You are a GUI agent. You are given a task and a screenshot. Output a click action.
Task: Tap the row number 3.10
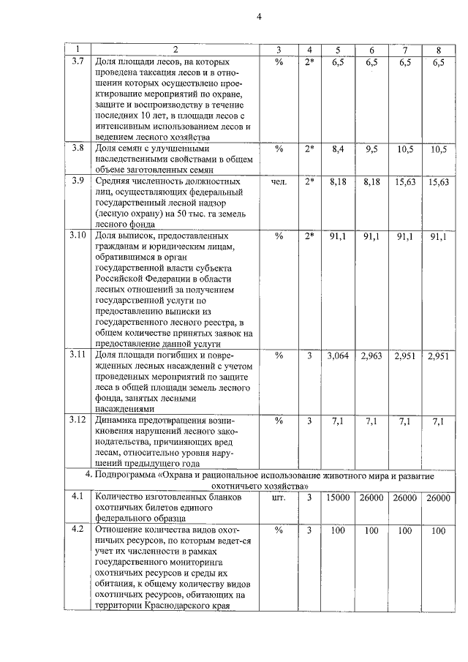[78, 236]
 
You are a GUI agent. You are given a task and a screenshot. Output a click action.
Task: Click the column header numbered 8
[438, 50]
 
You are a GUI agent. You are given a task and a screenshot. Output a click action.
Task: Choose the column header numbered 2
[174, 50]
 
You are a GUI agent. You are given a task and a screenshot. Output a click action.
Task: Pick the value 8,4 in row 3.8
[337, 148]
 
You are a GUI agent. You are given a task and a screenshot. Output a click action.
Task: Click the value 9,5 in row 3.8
[371, 148]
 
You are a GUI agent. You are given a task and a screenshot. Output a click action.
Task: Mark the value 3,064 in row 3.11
[337, 356]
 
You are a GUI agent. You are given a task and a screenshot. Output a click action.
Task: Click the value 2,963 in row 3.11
[371, 356]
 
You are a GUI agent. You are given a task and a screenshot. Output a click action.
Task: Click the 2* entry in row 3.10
[309, 236]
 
